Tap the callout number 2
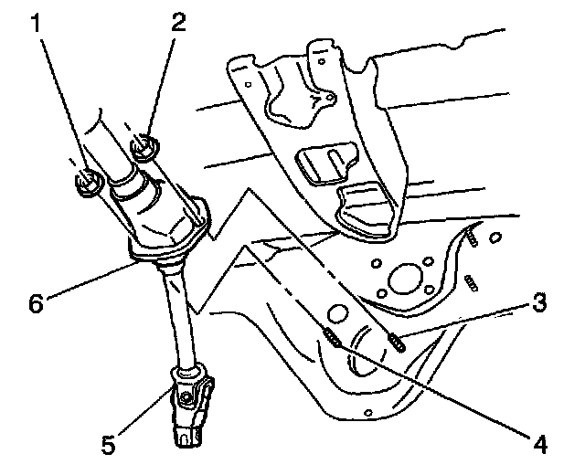(x=175, y=22)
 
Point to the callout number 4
(x=541, y=445)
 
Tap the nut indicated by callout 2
(x=144, y=146)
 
